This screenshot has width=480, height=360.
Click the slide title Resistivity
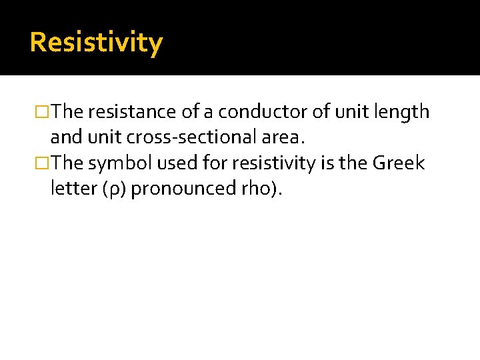pyautogui.click(x=96, y=42)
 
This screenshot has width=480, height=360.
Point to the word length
pyautogui.click(x=405, y=112)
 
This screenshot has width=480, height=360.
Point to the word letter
pyautogui.click(x=73, y=189)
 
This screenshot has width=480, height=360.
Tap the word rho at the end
pyautogui.click(x=255, y=189)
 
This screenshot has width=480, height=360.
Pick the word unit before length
pyautogui.click(x=350, y=112)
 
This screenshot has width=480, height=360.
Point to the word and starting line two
pyautogui.click(x=64, y=138)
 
